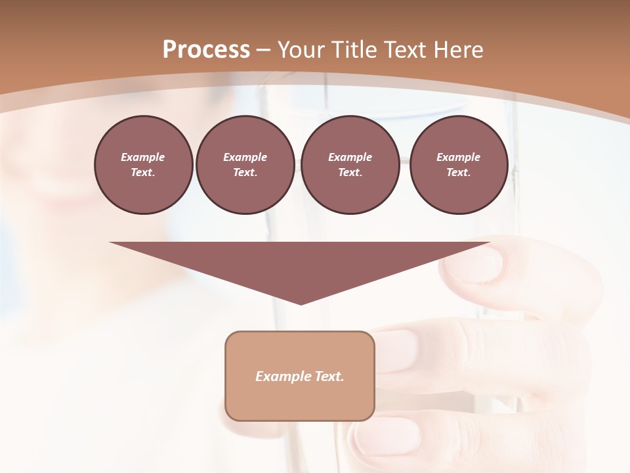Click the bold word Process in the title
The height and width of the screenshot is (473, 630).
click(206, 50)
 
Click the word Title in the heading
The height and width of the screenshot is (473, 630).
click(354, 50)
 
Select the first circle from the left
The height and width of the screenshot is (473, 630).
click(143, 164)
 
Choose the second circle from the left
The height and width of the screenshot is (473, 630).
click(245, 164)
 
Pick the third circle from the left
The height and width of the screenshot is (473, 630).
click(350, 164)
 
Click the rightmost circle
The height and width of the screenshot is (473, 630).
click(458, 164)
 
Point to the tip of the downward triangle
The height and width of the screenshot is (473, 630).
click(301, 304)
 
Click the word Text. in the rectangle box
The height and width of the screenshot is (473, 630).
click(329, 376)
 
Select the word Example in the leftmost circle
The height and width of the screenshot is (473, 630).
click(143, 157)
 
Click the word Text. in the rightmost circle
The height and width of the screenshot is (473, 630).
click(458, 172)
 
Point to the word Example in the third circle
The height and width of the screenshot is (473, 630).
click(350, 157)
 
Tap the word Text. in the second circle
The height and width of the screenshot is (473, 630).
click(245, 172)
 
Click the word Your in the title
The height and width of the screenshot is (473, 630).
click(302, 50)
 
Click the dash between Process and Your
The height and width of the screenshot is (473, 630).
click(264, 50)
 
